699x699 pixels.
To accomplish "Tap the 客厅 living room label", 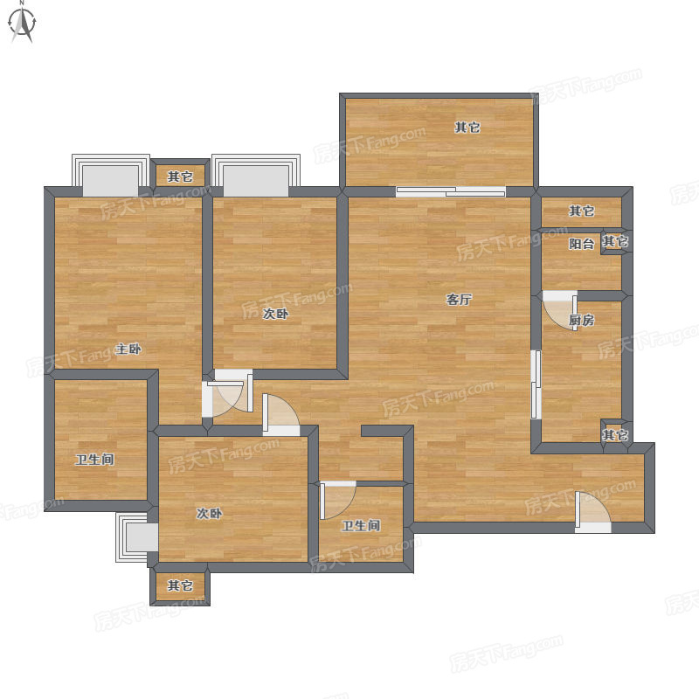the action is [x=459, y=300].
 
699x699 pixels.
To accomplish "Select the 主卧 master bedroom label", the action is [x=128, y=349].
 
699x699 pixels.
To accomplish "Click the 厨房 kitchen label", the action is [x=582, y=320].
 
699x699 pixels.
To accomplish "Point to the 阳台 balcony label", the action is [x=582, y=244].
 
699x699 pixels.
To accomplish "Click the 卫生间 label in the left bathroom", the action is [x=95, y=460].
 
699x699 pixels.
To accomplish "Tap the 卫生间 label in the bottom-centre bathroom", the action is [x=361, y=526].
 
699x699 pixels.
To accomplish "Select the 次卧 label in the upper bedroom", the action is [x=275, y=314].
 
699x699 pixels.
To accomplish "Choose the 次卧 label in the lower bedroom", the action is [x=210, y=514].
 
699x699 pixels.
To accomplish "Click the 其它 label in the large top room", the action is [x=467, y=128].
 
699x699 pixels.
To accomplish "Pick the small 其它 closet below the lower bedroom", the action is [x=180, y=585].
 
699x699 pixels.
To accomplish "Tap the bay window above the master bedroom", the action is [x=111, y=176].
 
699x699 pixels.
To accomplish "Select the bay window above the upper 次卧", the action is [x=256, y=176].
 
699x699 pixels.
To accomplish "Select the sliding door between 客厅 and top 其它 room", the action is [x=451, y=192].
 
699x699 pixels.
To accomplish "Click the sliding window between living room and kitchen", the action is [x=536, y=384].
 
